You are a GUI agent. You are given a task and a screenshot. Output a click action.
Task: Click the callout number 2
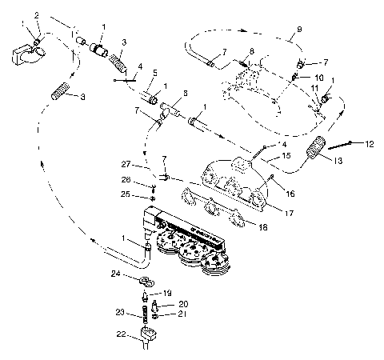36,14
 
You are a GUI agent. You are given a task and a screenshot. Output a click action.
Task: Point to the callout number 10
318,78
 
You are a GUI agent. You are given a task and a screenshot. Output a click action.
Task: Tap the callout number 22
121,334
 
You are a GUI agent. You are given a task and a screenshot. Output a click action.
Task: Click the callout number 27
127,164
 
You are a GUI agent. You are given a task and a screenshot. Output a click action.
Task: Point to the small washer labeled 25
152,196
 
